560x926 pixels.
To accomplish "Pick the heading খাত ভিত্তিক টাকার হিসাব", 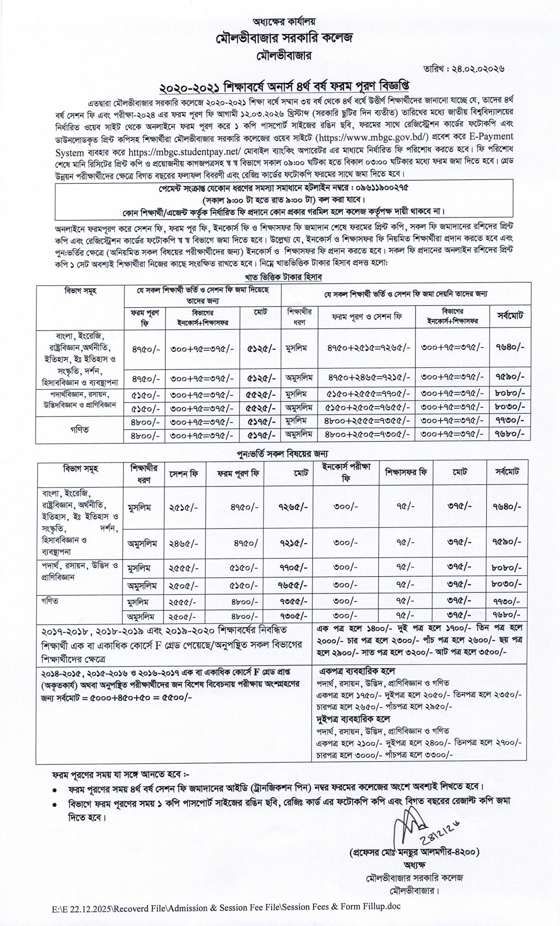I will tap(283, 277).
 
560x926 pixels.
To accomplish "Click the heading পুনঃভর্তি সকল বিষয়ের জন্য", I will tap(283, 454).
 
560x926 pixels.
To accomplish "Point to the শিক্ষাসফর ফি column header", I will tap(405, 472).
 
